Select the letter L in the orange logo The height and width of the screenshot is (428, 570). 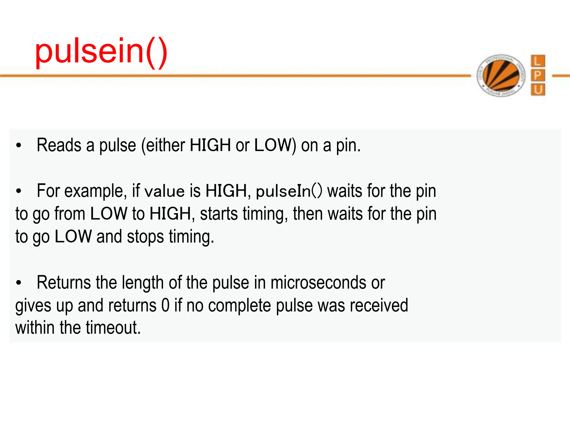538,61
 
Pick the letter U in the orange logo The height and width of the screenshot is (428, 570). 538,90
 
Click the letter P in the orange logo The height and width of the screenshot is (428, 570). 538,75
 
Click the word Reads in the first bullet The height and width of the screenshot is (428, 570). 58,145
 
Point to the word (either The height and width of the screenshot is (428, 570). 163,145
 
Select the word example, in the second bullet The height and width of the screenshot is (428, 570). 94,191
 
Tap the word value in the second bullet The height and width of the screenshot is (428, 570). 164,191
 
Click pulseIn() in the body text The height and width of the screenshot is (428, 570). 289,191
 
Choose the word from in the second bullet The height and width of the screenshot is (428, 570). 70,214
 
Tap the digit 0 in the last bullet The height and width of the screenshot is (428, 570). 165,305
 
